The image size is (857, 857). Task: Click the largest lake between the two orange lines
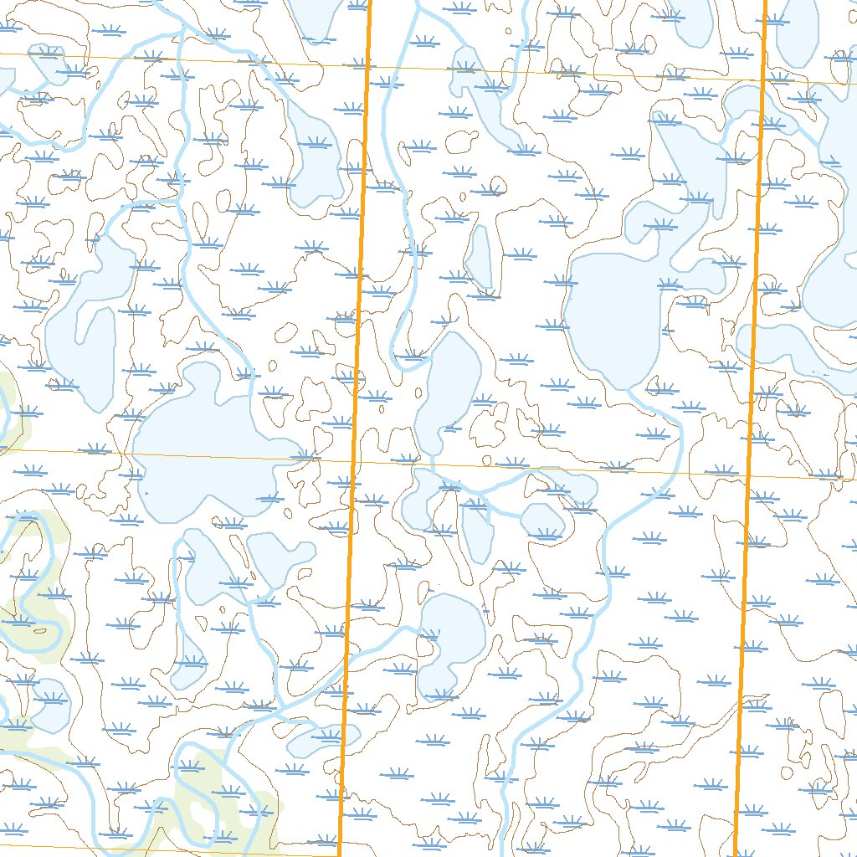tap(615, 318)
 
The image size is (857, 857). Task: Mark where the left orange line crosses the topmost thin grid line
tap(367, 66)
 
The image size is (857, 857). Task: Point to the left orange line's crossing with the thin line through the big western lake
tap(352, 459)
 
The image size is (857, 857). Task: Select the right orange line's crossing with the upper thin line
tap(762, 81)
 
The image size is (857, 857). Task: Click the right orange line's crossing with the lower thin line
tap(747, 476)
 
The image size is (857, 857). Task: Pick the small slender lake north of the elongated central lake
tap(480, 255)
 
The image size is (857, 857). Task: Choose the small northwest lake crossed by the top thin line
tap(50, 63)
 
